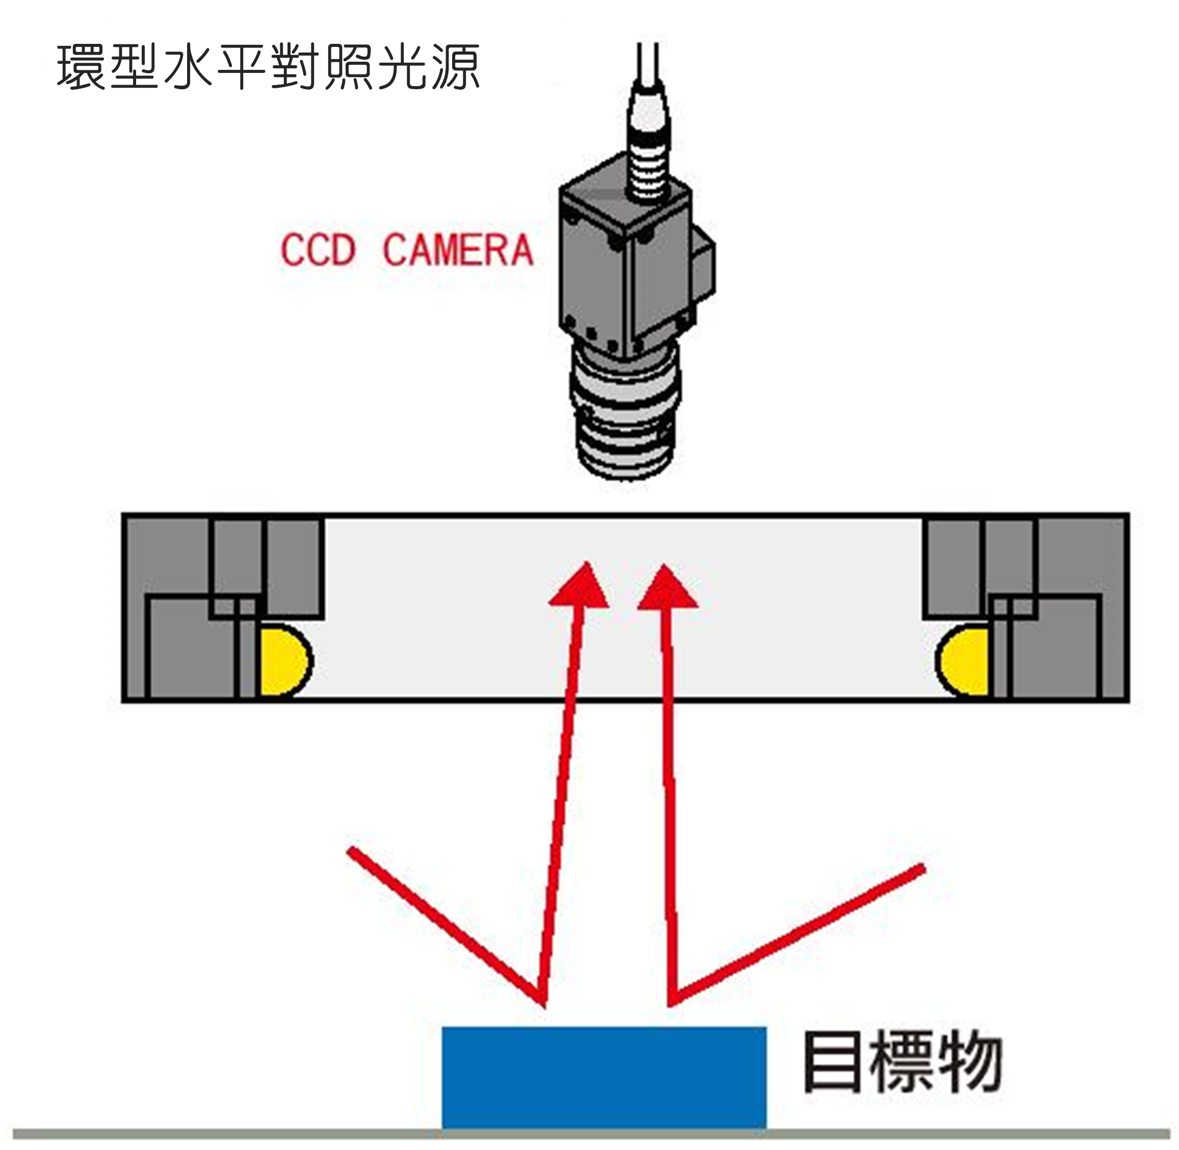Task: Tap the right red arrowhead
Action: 668,589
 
